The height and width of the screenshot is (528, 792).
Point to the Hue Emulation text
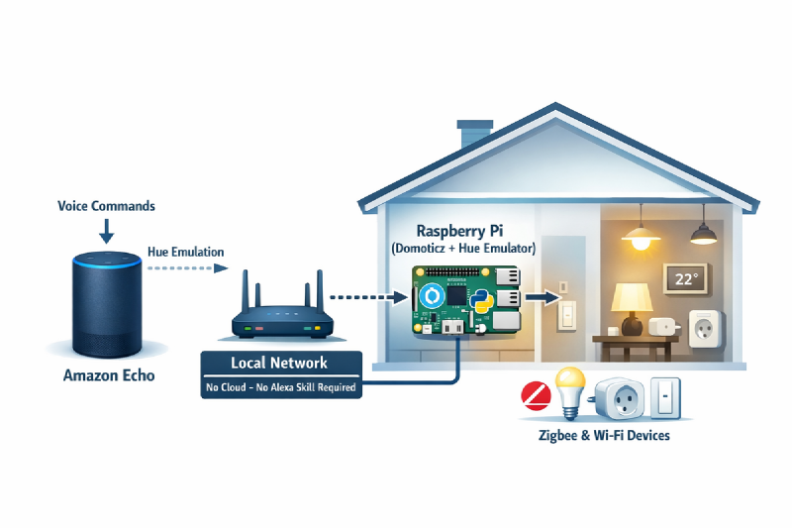tap(185, 252)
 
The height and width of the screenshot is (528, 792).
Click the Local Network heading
tap(278, 363)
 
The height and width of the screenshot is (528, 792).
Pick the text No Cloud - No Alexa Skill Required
tap(279, 388)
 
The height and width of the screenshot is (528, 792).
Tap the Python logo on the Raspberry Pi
tap(482, 300)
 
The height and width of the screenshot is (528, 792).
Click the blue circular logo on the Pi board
tap(431, 298)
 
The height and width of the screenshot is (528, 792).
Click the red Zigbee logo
tap(536, 397)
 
